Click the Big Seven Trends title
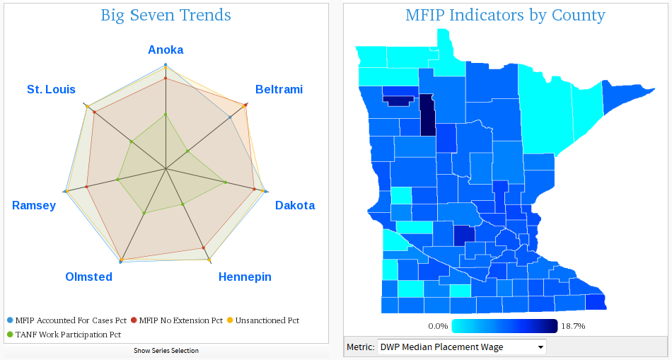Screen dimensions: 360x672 tap(166, 15)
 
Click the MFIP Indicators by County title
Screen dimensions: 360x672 tap(505, 15)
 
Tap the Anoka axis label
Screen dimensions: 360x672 tap(166, 50)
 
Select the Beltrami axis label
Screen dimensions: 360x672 tap(279, 89)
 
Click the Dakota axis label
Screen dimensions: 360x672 tap(295, 205)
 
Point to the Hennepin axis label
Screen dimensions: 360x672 tap(245, 277)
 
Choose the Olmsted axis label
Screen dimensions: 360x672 tap(88, 277)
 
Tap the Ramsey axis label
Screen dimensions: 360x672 tap(34, 205)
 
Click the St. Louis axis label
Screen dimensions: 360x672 tap(51, 89)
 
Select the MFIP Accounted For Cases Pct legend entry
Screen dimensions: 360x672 tap(69, 320)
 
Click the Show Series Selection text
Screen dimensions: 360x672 tap(166, 351)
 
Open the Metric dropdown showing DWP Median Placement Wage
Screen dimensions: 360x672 tap(462, 347)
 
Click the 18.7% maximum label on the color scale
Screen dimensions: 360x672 tap(573, 326)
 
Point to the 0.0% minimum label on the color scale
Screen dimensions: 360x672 tap(438, 326)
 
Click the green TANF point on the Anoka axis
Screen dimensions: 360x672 tap(166, 114)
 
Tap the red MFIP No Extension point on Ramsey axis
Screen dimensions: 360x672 tap(87, 187)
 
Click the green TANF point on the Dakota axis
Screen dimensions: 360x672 tap(226, 182)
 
